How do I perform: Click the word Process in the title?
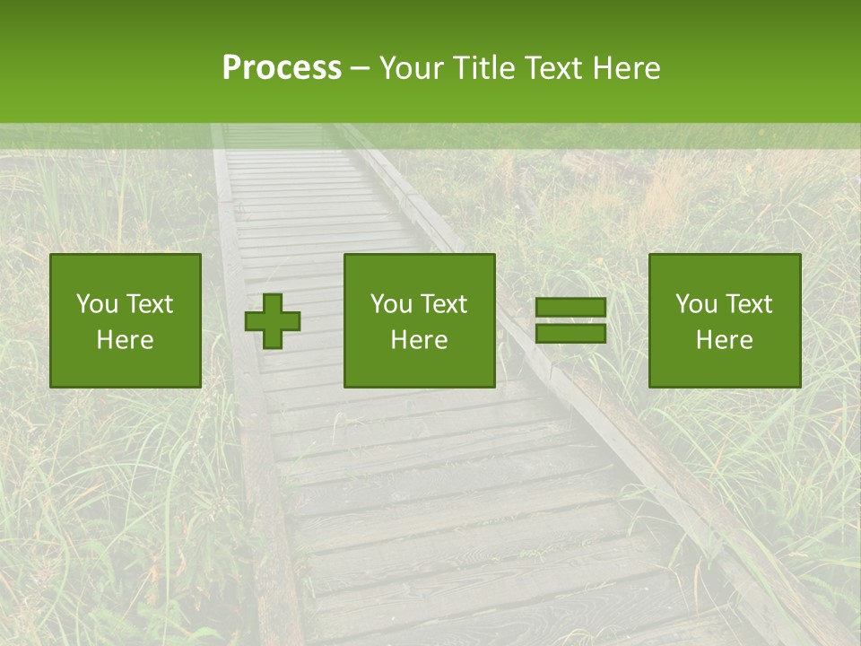pos(282,68)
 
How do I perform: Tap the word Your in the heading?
pos(413,68)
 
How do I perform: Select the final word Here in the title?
pos(626,68)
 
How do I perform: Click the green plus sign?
pos(273,321)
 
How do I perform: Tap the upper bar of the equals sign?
pos(570,307)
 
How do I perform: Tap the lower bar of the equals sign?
pos(570,334)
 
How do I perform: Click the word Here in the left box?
pos(125,340)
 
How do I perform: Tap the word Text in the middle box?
pos(442,304)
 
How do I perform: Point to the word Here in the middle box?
pos(419,340)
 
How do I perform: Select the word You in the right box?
pos(694,304)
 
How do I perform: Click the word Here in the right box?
pos(724,340)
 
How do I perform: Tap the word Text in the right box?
pos(747,304)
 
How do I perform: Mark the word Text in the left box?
pos(148,304)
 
